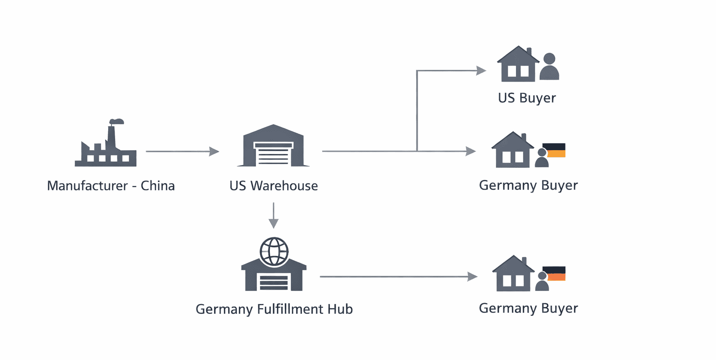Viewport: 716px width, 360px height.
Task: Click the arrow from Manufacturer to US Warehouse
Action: coord(182,152)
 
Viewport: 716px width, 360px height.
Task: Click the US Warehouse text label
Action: coord(274,186)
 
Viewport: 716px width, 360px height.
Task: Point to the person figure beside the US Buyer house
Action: coord(549,66)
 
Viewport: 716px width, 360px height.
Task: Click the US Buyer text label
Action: coord(527,98)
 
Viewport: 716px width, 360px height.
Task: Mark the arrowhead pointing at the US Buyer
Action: coord(481,71)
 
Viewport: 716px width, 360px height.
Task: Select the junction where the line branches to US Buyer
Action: coord(417,151)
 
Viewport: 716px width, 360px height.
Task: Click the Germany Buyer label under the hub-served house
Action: coord(528,308)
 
